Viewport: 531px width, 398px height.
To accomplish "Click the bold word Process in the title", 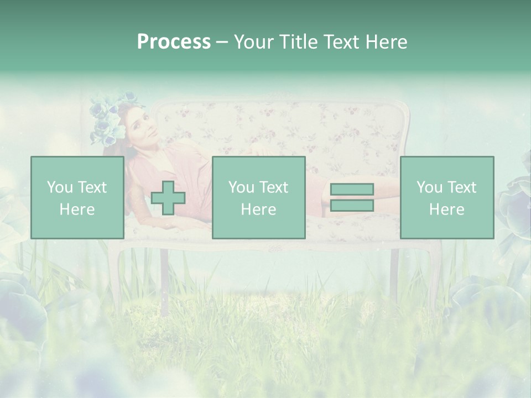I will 174,42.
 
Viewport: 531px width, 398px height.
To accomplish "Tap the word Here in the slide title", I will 385,42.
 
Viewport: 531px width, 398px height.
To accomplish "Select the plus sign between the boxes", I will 168,198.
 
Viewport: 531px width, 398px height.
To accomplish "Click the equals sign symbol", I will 352,197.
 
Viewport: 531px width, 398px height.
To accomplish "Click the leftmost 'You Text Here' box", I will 77,197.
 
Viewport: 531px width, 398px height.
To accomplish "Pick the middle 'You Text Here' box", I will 258,197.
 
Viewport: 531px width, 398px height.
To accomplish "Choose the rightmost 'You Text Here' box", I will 446,197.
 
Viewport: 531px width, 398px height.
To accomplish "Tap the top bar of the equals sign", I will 352,190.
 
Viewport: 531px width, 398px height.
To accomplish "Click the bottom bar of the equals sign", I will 352,205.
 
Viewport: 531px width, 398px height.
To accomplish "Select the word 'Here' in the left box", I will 77,210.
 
